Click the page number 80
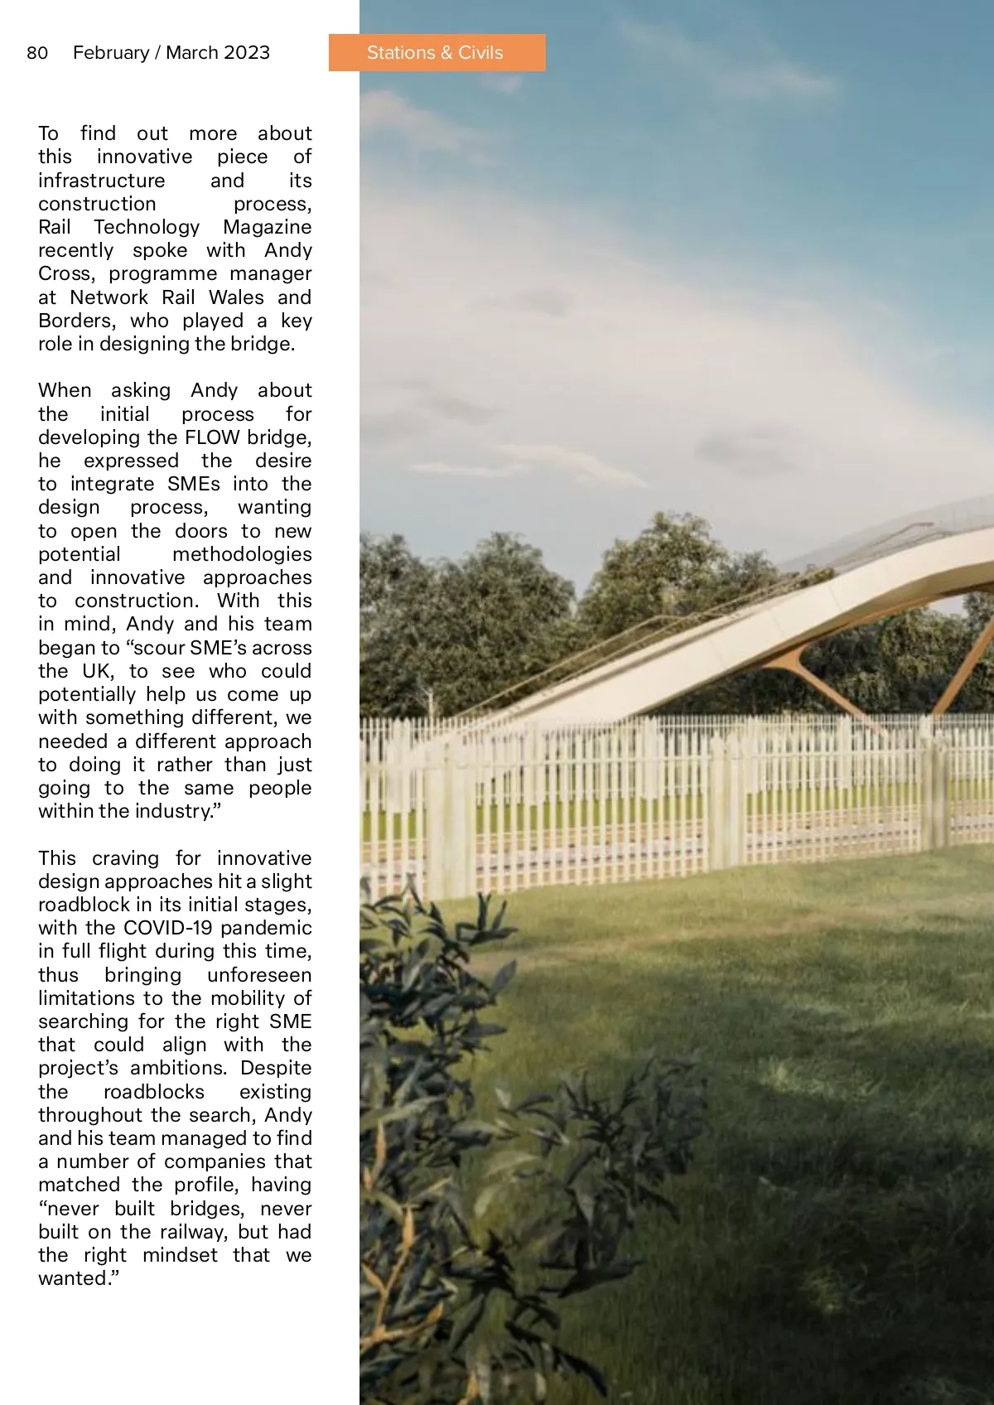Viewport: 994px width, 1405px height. (37, 53)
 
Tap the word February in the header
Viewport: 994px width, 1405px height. (110, 53)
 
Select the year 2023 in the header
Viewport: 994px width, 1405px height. (246, 53)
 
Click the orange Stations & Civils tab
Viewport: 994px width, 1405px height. (436, 53)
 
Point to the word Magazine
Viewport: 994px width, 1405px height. (267, 227)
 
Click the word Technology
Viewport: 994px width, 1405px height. (147, 227)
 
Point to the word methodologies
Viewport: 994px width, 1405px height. (242, 554)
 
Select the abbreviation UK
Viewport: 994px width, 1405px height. (98, 671)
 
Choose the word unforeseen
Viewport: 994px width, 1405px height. (259, 975)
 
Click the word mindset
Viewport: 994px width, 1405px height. (180, 1255)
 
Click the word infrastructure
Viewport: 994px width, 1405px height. (102, 181)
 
